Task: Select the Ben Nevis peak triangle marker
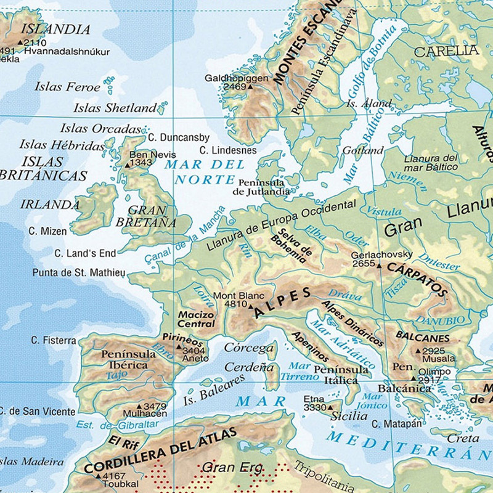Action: point(128,165)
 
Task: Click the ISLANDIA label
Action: point(55,29)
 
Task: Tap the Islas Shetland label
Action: point(115,108)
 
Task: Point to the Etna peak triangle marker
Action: point(330,407)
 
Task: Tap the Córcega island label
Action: point(248,348)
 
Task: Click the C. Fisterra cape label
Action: point(54,340)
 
